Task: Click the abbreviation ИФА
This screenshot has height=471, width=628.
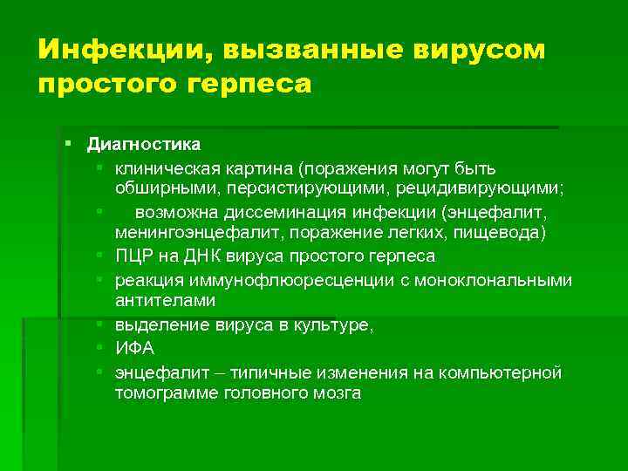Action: tap(135, 348)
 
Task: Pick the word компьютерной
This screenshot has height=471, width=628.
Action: tap(504, 371)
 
